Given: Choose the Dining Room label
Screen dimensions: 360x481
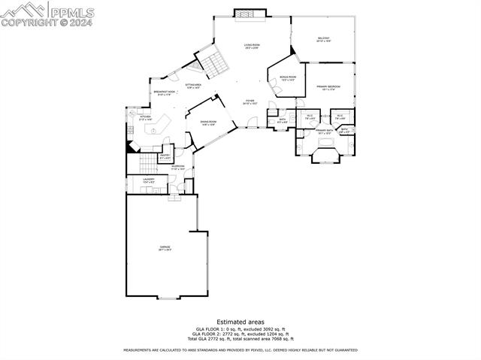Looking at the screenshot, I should pyautogui.click(x=208, y=123).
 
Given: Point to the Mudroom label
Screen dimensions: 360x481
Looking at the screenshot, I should pyautogui.click(x=178, y=168).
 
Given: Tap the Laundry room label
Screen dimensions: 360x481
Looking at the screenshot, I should pyautogui.click(x=149, y=180).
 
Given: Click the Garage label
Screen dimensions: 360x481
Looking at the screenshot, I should pyautogui.click(x=165, y=248).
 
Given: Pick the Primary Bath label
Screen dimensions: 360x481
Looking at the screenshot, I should pyautogui.click(x=325, y=132).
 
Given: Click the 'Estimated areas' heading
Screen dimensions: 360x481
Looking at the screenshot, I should pyautogui.click(x=240, y=322).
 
